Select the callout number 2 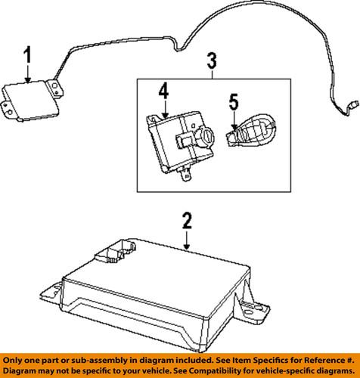pos(188,221)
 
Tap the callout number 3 pos(213,60)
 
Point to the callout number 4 pos(163,94)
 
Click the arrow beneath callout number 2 pos(188,240)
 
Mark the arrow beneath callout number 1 pos(27,74)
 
